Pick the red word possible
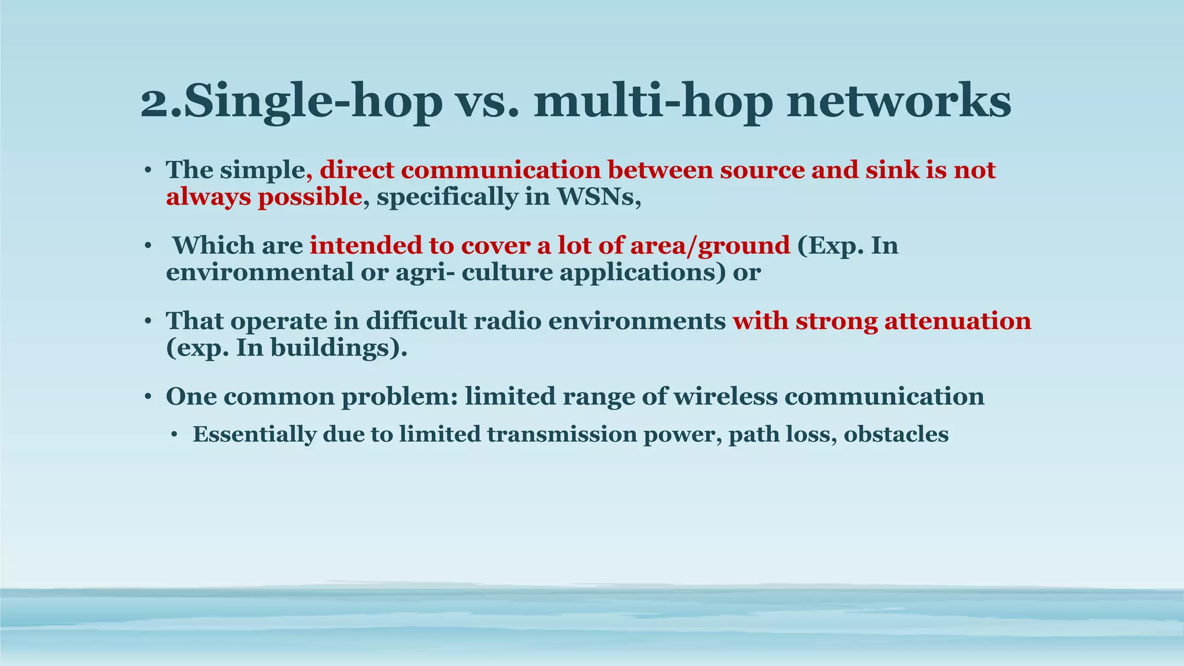pos(309,197)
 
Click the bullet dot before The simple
pos(148,171)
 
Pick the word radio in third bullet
pos(506,321)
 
